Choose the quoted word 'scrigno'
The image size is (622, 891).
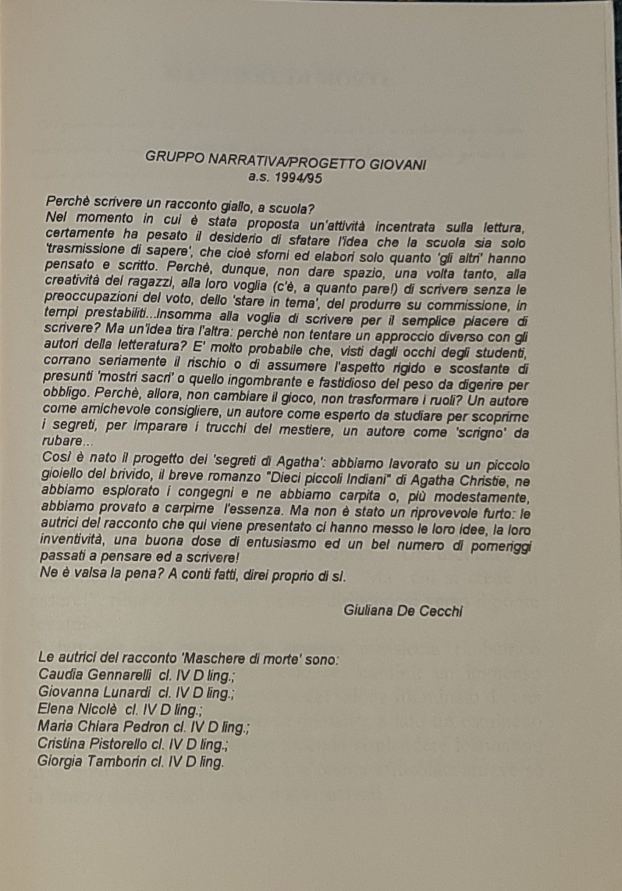(481, 432)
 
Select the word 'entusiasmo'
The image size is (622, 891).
(281, 543)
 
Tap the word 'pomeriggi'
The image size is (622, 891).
(500, 546)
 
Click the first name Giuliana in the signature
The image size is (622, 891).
(368, 610)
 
